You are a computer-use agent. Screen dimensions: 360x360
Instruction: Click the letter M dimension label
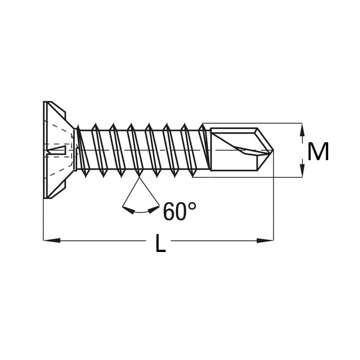(x=318, y=151)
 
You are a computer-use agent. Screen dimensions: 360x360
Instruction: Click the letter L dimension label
(x=161, y=243)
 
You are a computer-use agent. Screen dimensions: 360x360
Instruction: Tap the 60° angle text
(x=180, y=211)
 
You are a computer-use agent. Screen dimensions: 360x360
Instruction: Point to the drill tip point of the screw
(x=273, y=150)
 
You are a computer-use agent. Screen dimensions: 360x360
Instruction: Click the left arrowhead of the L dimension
(x=52, y=240)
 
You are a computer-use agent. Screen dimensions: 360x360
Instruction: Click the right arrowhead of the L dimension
(x=265, y=240)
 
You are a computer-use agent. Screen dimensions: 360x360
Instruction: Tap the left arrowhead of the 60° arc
(x=129, y=210)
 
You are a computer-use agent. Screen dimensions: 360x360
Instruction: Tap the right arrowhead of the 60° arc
(x=153, y=210)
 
